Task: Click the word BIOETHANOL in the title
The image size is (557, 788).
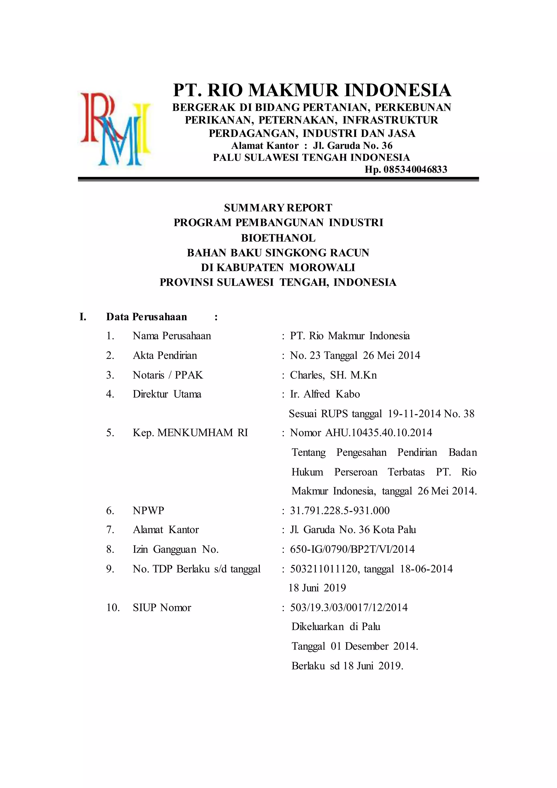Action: click(278, 238)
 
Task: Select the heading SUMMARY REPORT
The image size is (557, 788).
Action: click(278, 208)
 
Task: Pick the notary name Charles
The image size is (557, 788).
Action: click(307, 375)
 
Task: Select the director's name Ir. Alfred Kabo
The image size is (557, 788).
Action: click(325, 394)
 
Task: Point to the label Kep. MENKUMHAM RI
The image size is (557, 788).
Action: click(190, 433)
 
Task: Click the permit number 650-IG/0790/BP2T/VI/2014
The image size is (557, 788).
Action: click(352, 549)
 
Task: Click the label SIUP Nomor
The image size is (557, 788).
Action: click(162, 608)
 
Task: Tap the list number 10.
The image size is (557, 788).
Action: click(113, 608)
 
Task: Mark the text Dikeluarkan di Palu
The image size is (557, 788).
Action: click(336, 627)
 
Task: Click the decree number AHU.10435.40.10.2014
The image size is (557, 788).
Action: click(379, 433)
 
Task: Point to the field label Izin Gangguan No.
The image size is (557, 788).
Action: click(176, 549)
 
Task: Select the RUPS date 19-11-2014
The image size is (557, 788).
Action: click(414, 414)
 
